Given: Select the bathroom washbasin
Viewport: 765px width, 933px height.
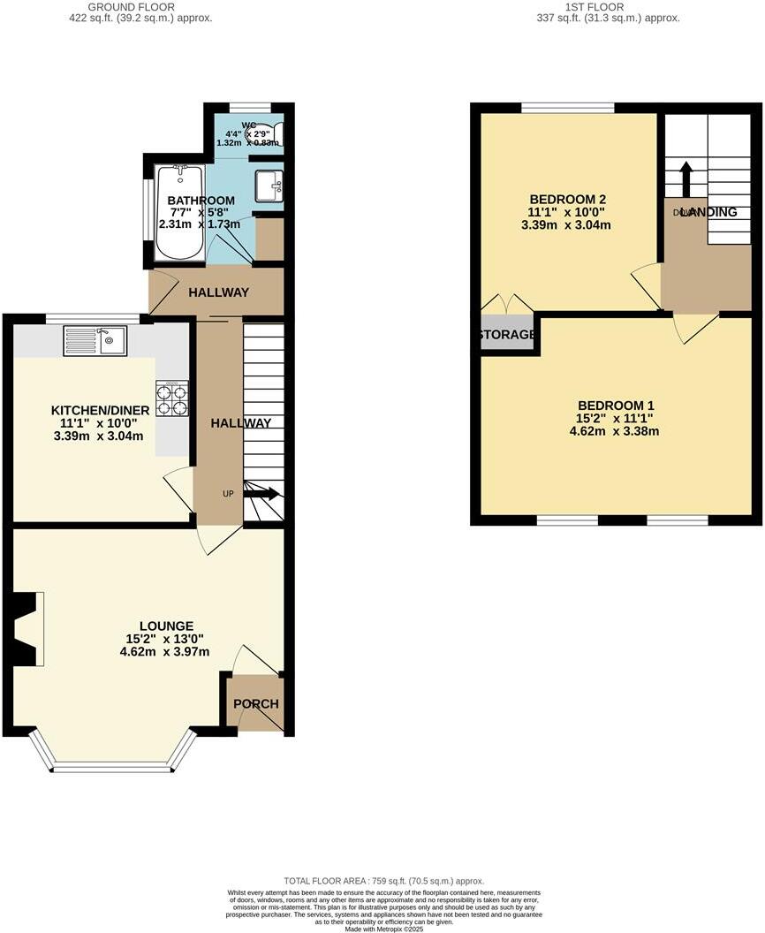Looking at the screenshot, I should (x=269, y=186).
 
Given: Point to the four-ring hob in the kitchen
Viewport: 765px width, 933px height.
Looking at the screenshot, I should (x=172, y=398).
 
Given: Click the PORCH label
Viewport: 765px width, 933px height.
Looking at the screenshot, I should (x=256, y=704).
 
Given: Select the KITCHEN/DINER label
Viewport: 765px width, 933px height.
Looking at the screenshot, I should (x=100, y=410).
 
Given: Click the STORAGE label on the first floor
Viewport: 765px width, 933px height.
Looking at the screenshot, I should (x=507, y=335).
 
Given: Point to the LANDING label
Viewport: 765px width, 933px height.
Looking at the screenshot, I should (x=708, y=212).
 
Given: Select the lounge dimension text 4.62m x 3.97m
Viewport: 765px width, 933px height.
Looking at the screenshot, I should (x=164, y=652).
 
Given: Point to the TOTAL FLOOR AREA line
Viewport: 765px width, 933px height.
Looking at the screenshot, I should (x=383, y=881).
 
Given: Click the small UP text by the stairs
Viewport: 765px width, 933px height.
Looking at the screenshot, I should (x=228, y=493).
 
